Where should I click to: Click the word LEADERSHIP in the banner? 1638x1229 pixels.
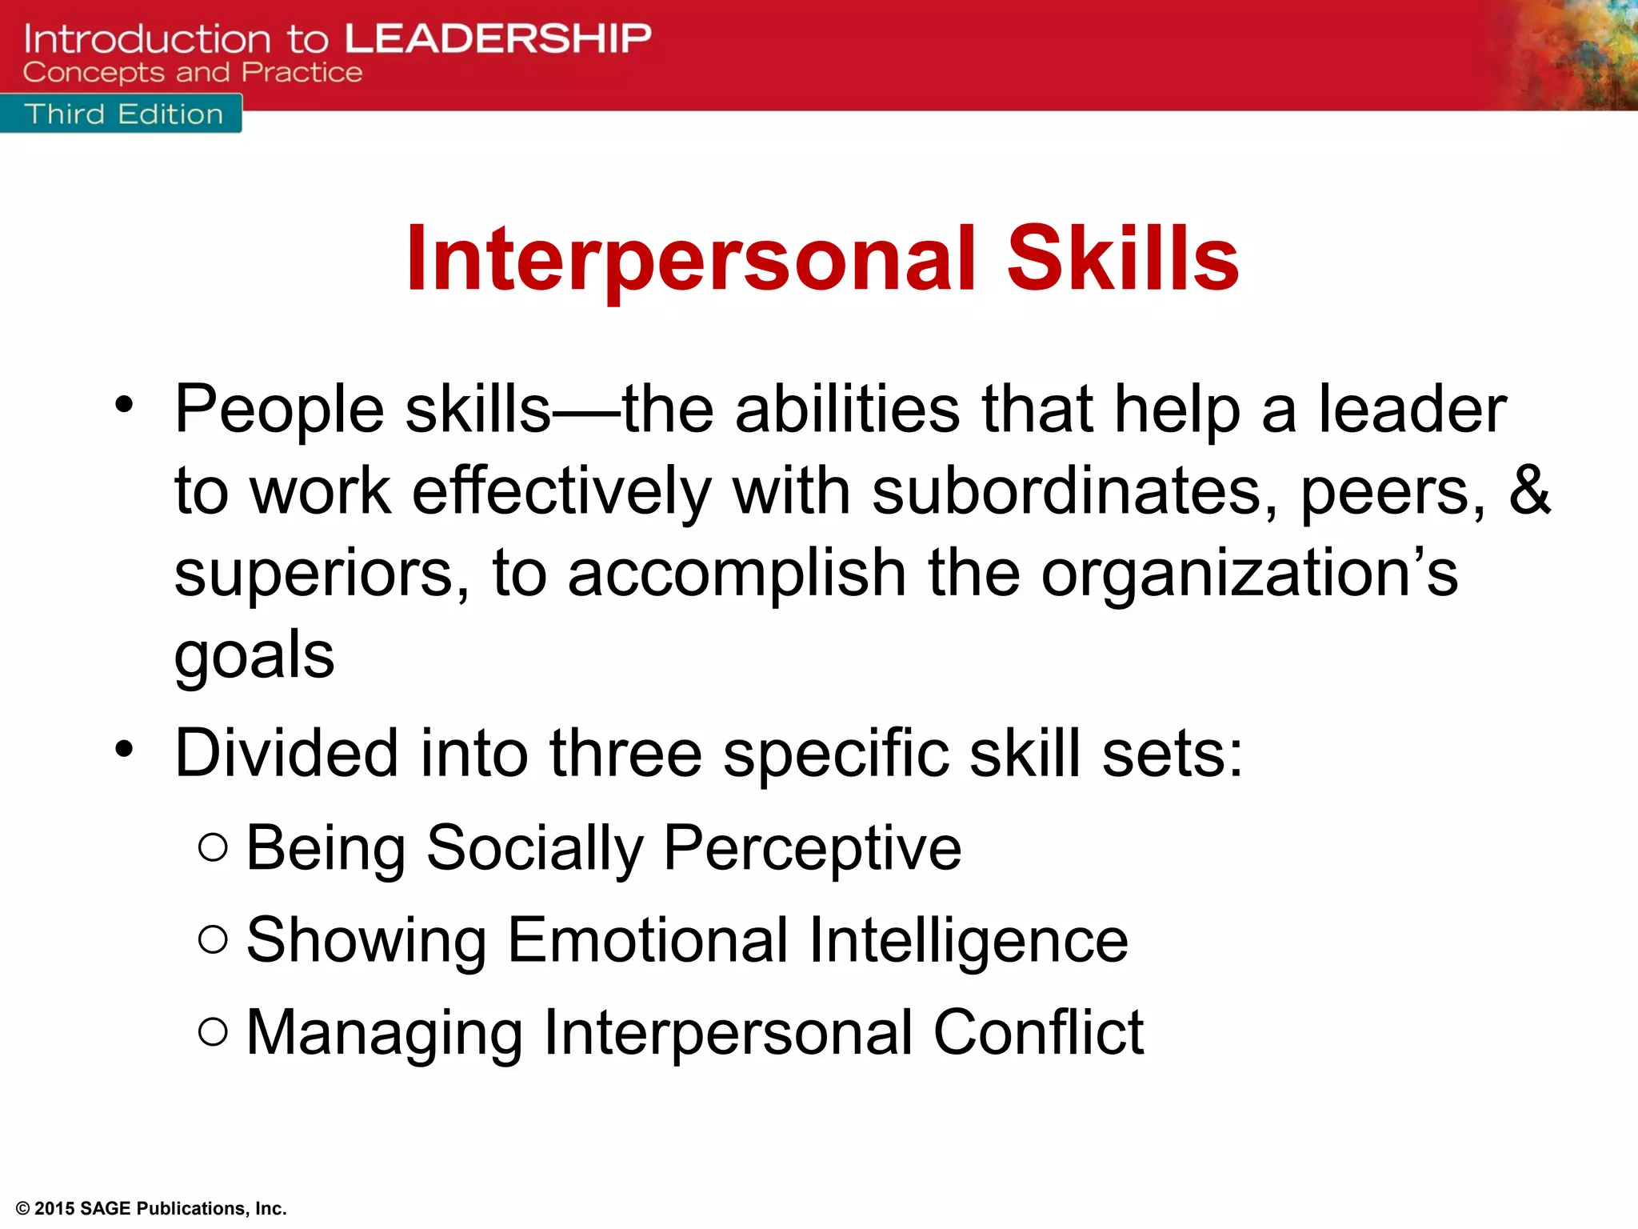click(497, 38)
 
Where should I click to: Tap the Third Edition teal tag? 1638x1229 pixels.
click(123, 114)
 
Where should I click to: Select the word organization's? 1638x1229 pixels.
click(1249, 573)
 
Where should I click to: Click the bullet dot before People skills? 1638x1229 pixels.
click(124, 405)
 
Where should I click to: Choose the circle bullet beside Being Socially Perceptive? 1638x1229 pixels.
click(213, 847)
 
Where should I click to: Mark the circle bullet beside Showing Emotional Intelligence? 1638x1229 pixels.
click(213, 939)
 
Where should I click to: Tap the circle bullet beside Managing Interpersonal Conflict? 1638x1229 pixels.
click(213, 1031)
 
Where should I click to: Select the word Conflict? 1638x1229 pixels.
click(1038, 1032)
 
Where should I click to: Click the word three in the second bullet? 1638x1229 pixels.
click(625, 754)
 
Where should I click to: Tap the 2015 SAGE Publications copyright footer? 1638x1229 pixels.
click(151, 1208)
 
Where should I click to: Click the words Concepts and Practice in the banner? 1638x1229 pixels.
click(193, 73)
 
